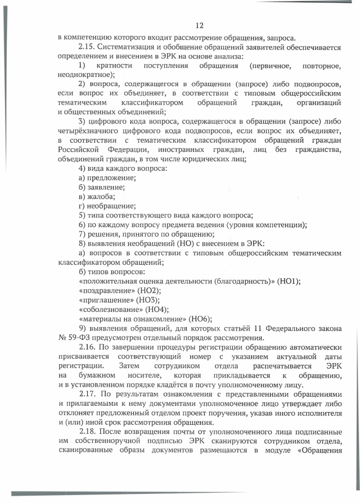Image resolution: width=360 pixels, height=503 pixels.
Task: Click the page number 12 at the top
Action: [x=199, y=25]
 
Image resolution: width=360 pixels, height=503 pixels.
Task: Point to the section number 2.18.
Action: [x=89, y=443]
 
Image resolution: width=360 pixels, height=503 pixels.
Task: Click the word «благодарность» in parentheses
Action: [x=243, y=280]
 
